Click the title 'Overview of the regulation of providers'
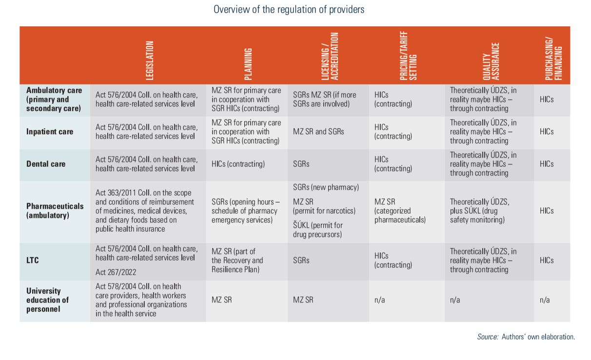coord(289,10)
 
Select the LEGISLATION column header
coord(150,60)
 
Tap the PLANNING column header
coord(248,63)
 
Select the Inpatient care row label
coord(50,132)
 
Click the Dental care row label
coord(46,164)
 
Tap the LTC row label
coord(33,260)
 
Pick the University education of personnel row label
coord(48,300)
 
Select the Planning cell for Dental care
coord(238,164)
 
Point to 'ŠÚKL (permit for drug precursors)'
coord(318,230)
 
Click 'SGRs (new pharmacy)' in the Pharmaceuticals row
coord(326,187)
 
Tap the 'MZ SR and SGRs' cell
coord(318,132)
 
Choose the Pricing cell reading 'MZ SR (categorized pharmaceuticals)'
coord(400,211)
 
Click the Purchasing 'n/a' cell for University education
coord(545,300)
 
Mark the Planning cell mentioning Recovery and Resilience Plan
coord(237,260)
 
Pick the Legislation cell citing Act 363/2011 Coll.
coord(145,211)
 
